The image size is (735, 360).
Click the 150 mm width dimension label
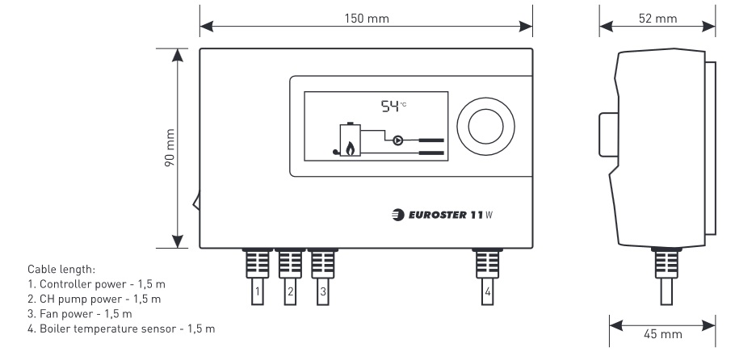coord(366,19)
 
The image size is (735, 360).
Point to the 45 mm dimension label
coord(662,333)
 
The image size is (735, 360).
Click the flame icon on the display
coord(350,148)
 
